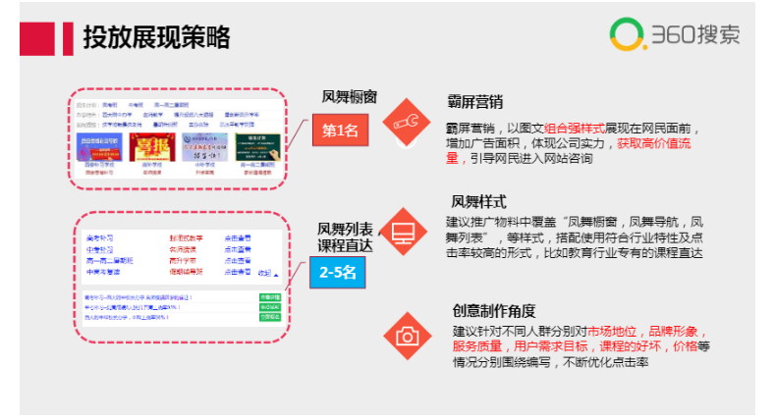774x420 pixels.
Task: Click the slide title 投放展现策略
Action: pyautogui.click(x=157, y=36)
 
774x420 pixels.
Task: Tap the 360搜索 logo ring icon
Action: pyautogui.click(x=625, y=34)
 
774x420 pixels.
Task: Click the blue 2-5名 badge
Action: pyautogui.click(x=339, y=274)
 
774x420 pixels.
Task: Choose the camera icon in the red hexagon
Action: pyautogui.click(x=406, y=337)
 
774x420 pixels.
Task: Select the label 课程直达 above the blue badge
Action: pyautogui.click(x=344, y=243)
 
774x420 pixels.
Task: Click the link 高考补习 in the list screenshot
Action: pyautogui.click(x=100, y=237)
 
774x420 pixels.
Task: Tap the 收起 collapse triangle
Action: pyautogui.click(x=276, y=275)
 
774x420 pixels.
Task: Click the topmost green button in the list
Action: pyautogui.click(x=269, y=295)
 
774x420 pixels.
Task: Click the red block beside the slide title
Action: pyautogui.click(x=36, y=37)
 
